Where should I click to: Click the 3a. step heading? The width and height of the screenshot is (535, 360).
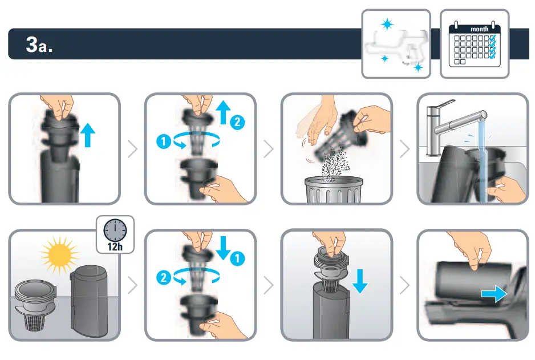tap(39, 45)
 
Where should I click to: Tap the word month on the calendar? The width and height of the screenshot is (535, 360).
tap(479, 29)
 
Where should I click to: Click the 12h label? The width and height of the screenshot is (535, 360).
tap(115, 246)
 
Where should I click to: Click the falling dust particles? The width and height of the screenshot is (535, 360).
tap(334, 162)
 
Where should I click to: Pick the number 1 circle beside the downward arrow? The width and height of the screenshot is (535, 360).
tap(238, 258)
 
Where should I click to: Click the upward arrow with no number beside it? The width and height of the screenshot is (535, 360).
tap(87, 136)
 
